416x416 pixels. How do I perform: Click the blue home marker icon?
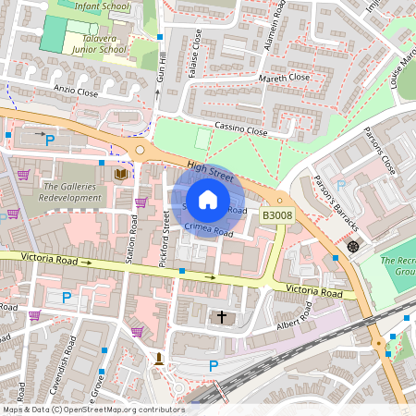click(208, 199)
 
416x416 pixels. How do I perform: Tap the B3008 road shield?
click(276, 214)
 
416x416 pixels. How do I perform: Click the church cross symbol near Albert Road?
click(221, 317)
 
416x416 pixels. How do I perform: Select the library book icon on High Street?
click(120, 173)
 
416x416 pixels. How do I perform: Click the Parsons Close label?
click(379, 151)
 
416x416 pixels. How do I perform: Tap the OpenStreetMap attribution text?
click(92, 409)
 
